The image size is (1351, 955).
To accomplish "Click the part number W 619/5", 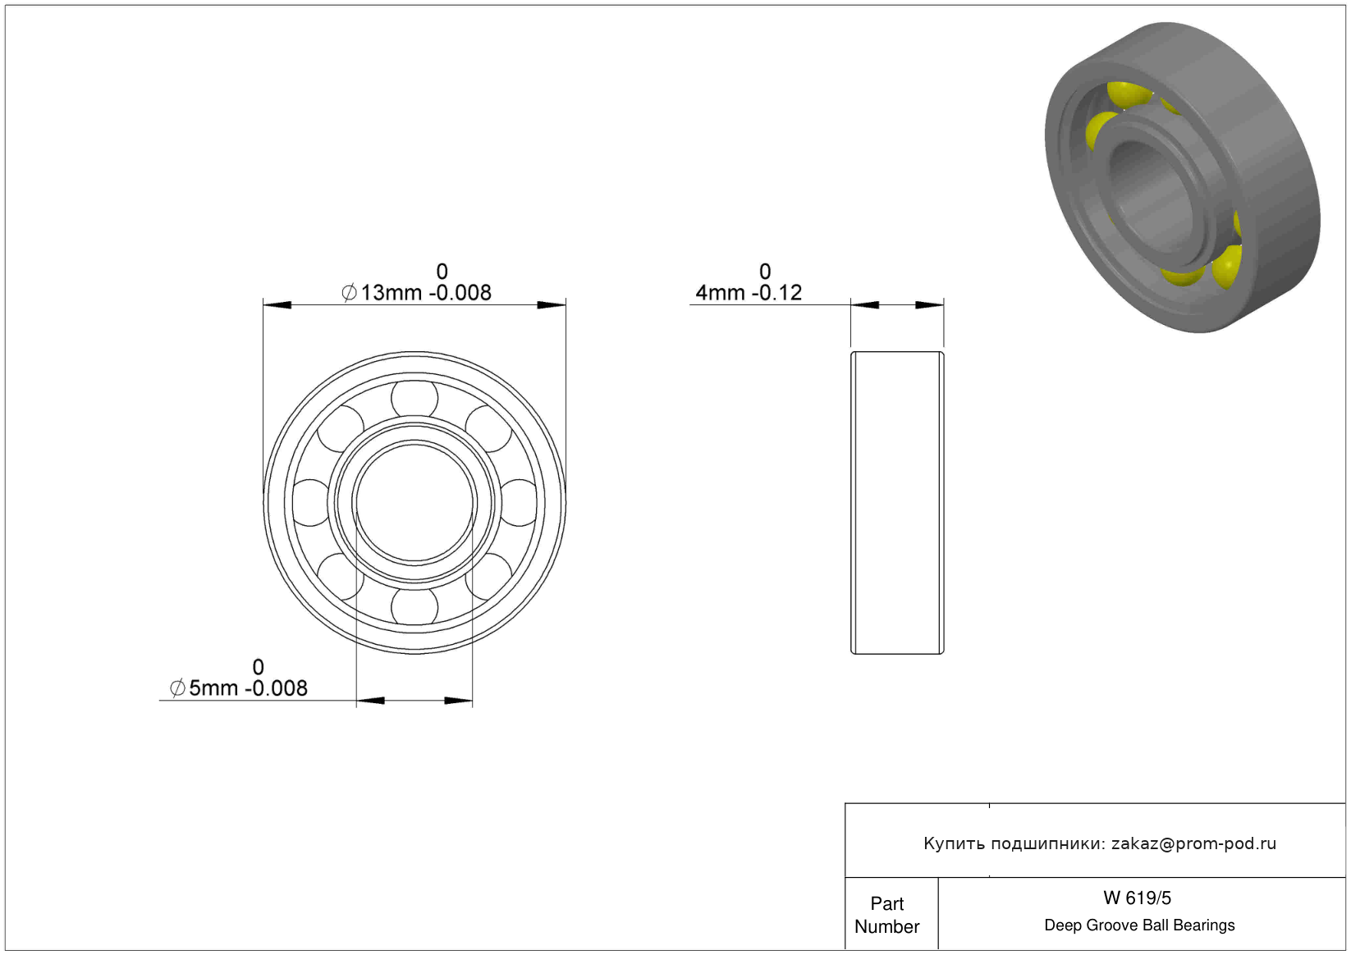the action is [1137, 898].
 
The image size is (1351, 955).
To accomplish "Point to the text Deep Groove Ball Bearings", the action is [1139, 925].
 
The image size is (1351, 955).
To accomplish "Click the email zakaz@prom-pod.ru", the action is [1193, 843].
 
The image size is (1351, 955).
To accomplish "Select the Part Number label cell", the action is [886, 915].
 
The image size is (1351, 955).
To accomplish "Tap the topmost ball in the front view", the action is [414, 399].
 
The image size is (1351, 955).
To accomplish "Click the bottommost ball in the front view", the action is [414, 606].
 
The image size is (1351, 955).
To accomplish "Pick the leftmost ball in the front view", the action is [311, 503].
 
